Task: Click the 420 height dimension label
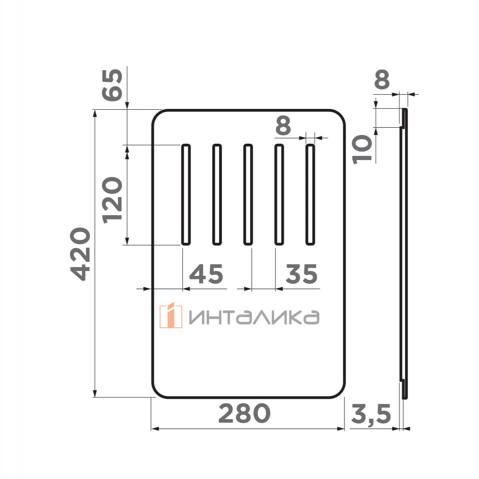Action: coord(80,254)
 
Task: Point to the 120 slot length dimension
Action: coord(112,200)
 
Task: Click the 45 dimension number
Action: coord(206,274)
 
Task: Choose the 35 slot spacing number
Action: coord(301,274)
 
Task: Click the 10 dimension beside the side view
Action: coord(362,149)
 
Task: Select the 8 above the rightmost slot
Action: coord(283,126)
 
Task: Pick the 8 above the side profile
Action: coord(382,79)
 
